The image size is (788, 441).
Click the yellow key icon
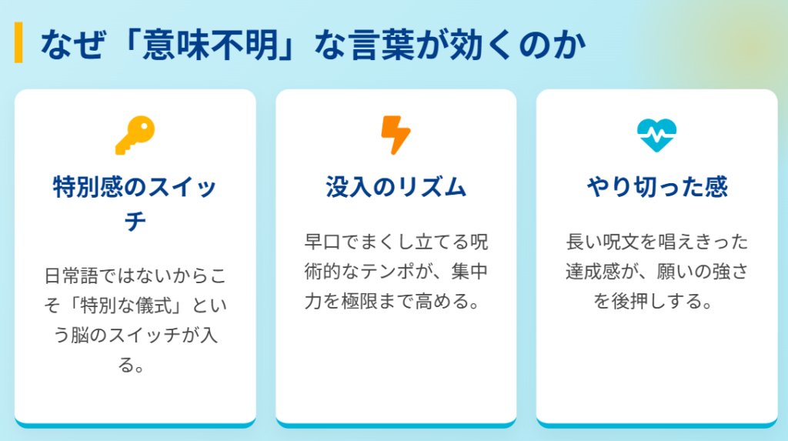point(135,135)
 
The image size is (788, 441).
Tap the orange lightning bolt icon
point(396,135)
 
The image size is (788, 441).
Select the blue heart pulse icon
point(656,135)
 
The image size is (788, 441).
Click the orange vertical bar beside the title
point(18,43)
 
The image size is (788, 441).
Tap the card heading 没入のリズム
point(396,187)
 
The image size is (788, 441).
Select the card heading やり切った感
point(656,187)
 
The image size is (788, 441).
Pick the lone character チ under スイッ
point(135,222)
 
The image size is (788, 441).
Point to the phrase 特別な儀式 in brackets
point(129,305)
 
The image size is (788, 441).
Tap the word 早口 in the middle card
point(324,242)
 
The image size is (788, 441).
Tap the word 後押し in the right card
point(639,302)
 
